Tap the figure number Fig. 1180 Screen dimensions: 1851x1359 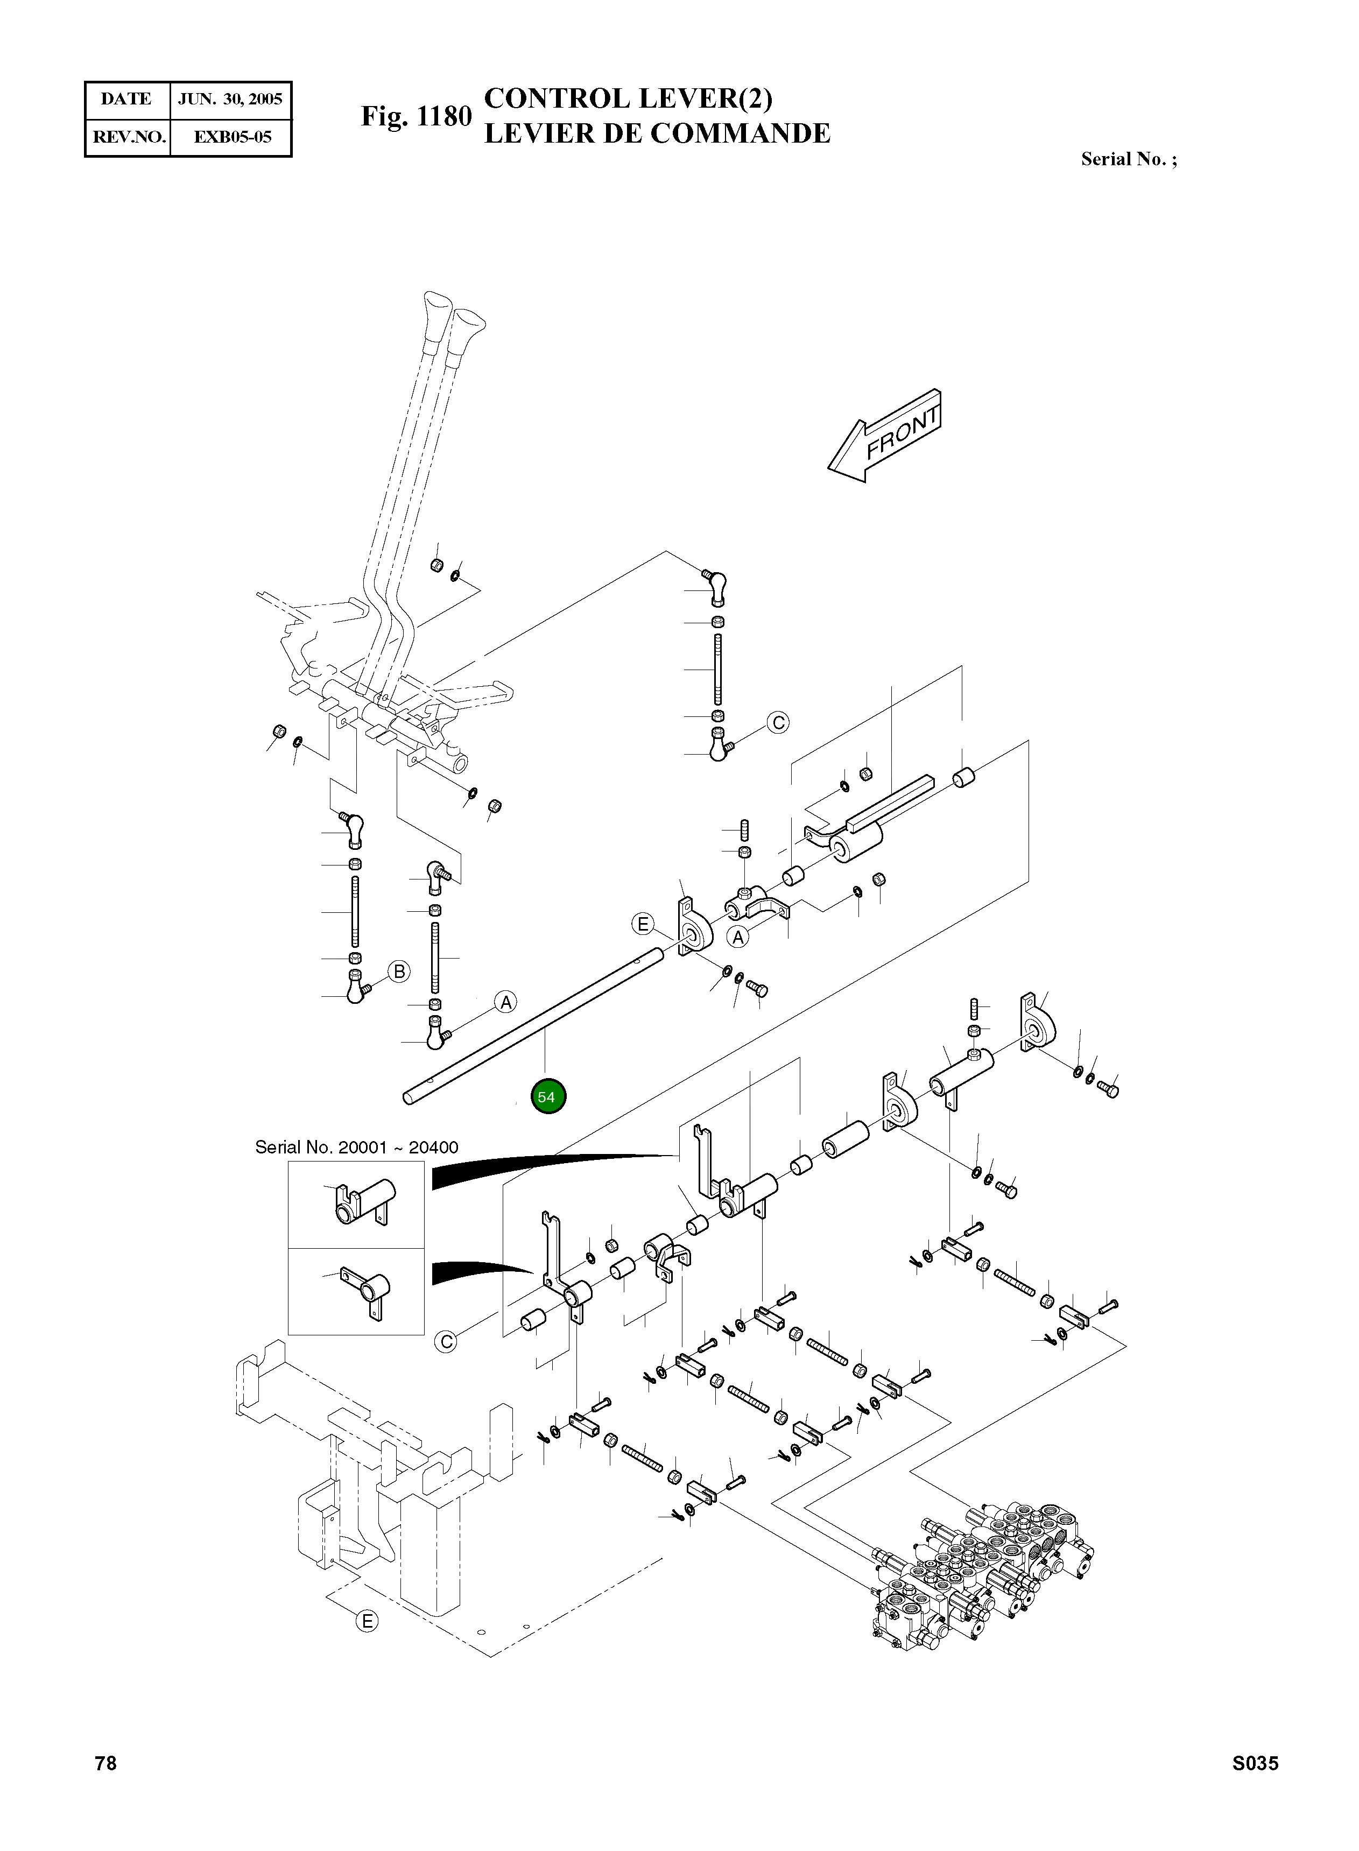(416, 116)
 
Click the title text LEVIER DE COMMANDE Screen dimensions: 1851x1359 (657, 133)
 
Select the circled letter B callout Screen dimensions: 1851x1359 (399, 972)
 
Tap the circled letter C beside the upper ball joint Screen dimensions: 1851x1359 (777, 722)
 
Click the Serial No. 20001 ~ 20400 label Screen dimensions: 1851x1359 (356, 1147)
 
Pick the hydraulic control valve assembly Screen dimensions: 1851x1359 (979, 1563)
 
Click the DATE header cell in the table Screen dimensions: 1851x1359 (126, 100)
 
